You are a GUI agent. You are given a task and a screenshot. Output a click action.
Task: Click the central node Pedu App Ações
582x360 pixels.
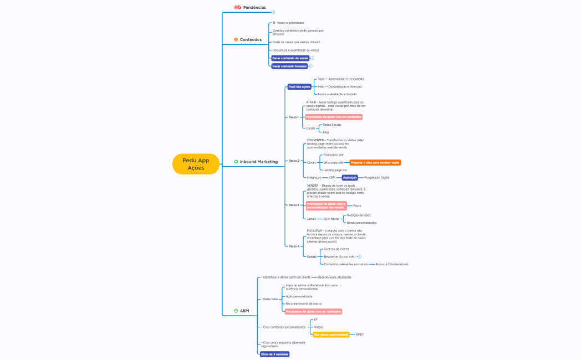[x=196, y=164]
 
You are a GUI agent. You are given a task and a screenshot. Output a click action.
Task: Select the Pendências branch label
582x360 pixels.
[x=254, y=8]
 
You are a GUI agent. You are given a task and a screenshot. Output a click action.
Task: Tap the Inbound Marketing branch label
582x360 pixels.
[x=258, y=162]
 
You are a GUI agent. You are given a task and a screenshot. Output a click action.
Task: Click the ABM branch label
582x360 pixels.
[x=244, y=311]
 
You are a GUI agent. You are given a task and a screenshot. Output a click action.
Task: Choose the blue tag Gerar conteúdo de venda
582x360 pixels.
[x=290, y=58]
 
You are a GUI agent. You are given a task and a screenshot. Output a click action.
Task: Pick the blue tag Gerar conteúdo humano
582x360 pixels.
[x=289, y=66]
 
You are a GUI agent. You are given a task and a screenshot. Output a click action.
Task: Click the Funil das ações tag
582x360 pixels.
[x=299, y=86]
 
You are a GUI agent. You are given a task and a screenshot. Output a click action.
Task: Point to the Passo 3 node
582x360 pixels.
[x=294, y=205]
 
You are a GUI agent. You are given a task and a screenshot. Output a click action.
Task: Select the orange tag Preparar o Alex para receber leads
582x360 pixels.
[x=375, y=163]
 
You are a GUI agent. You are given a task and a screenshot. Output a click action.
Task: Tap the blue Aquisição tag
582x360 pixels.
[x=350, y=178]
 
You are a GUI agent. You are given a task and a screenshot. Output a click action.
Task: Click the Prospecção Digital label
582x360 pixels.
[x=377, y=178]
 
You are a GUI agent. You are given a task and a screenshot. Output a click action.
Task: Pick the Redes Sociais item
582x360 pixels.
[x=331, y=125]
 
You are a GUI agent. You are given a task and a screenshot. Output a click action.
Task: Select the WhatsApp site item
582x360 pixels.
[x=334, y=163]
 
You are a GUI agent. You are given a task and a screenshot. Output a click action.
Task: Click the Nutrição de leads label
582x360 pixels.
[x=359, y=215]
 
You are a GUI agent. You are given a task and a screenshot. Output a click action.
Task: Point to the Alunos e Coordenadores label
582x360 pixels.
[x=392, y=264]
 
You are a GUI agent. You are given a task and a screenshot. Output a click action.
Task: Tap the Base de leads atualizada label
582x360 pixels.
[x=334, y=277]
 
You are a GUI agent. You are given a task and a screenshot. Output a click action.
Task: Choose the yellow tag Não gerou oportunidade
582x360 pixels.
[x=331, y=335]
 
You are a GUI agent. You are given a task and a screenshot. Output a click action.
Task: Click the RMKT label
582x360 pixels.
[x=360, y=335]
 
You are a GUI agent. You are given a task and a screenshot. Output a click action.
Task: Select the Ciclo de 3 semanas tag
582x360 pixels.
[x=275, y=354]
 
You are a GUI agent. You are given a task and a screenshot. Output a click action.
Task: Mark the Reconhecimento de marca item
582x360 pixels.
[x=303, y=304]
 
